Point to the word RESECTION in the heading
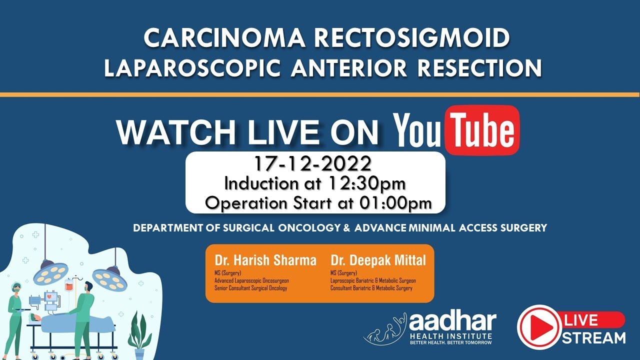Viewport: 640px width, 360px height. pyautogui.click(x=483, y=67)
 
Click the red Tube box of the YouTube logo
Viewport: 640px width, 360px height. pyautogui.click(x=482, y=130)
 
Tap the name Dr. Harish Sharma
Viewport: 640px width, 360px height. pyautogui.click(x=265, y=260)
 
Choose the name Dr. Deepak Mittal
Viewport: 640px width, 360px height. pyautogui.click(x=378, y=260)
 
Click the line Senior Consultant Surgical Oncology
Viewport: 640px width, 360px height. pyautogui.click(x=250, y=288)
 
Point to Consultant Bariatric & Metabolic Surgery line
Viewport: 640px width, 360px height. pyautogui.click(x=371, y=288)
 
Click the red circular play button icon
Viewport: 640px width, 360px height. pyautogui.click(x=538, y=327)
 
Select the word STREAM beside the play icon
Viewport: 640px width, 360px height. pyautogui.click(x=593, y=337)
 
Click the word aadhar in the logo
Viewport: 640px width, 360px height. pyautogui.click(x=452, y=321)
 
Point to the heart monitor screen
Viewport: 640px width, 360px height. pyautogui.click(x=50, y=296)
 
